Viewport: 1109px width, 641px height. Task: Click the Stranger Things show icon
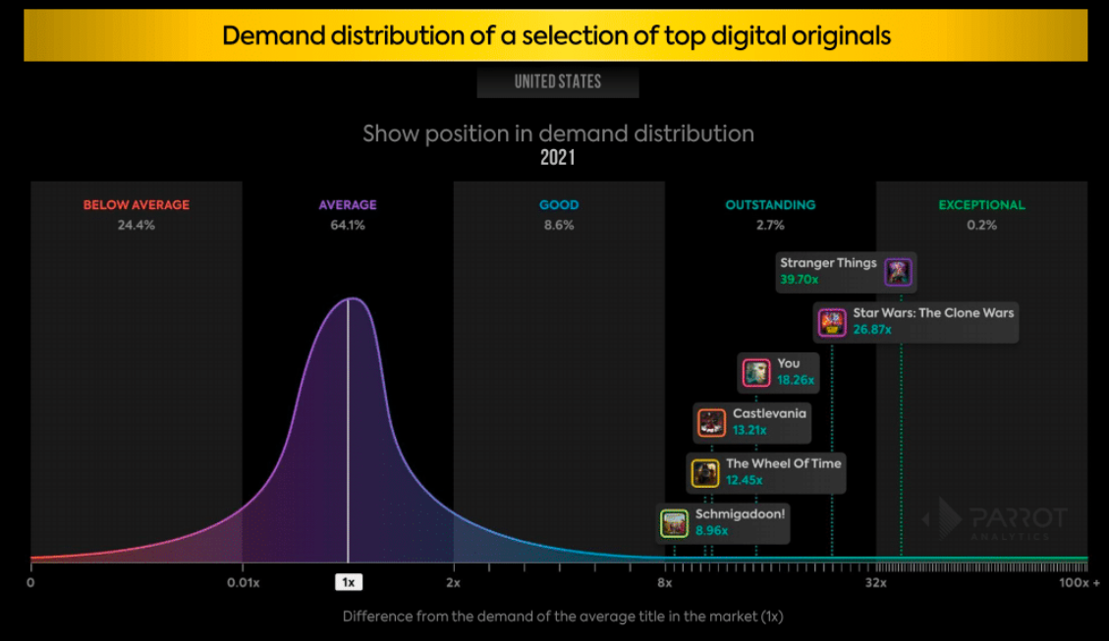898,272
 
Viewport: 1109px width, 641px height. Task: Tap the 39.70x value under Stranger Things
800,280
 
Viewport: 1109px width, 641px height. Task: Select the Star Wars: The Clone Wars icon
832,322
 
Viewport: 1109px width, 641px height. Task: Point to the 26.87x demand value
872,330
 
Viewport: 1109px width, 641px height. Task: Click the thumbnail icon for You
756,372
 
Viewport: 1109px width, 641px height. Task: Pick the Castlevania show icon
711,423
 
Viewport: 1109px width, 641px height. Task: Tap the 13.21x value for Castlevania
749,430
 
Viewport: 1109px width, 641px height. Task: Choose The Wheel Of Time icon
705,473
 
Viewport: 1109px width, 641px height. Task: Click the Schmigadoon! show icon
674,523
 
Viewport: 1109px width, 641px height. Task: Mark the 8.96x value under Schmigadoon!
711,531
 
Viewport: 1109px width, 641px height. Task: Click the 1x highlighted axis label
348,582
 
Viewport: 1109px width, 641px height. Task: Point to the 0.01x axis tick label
243,583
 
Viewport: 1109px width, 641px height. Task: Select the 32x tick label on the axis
876,583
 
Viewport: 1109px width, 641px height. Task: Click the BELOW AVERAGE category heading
137,205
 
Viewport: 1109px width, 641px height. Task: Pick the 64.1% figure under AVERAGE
348,225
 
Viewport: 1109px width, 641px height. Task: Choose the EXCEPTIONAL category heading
981,205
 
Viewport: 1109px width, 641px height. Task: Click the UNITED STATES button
558,81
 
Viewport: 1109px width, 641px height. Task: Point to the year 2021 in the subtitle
558,157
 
